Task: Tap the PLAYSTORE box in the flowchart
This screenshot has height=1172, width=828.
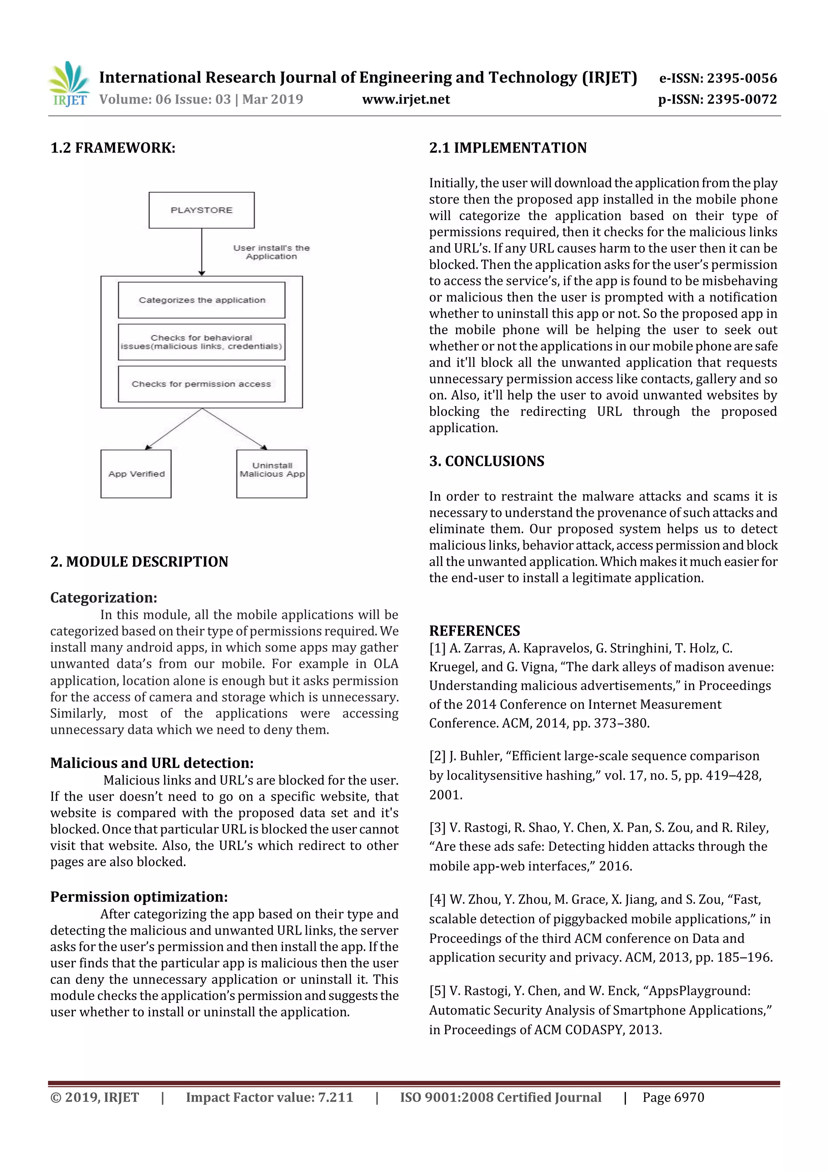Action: [x=201, y=210]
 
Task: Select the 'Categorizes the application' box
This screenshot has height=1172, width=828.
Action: [x=201, y=300]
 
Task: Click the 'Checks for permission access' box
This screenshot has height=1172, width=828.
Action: [x=201, y=384]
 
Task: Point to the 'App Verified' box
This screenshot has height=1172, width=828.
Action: [x=136, y=474]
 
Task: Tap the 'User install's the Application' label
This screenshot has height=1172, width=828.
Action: [x=271, y=252]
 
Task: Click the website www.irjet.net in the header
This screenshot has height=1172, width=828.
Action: [x=406, y=100]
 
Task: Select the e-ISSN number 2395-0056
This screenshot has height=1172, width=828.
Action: [x=742, y=78]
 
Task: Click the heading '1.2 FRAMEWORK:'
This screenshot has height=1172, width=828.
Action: [x=113, y=148]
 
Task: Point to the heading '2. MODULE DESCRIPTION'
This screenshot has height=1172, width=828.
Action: [x=139, y=562]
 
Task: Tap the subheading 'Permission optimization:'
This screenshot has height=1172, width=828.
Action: [x=139, y=897]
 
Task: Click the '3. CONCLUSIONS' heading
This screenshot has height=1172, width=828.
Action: [x=487, y=462]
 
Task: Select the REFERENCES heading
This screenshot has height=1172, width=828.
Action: [x=475, y=631]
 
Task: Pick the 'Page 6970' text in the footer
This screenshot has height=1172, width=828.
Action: [x=674, y=1098]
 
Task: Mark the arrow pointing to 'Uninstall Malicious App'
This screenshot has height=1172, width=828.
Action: [x=234, y=429]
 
